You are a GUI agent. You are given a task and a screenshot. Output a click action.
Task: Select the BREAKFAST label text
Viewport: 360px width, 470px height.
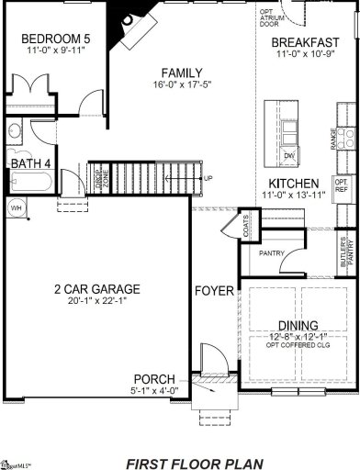[x=306, y=42]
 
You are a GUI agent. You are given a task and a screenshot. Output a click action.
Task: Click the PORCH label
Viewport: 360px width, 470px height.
[x=153, y=378]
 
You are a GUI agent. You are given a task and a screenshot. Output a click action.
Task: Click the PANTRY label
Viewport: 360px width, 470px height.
[x=270, y=253]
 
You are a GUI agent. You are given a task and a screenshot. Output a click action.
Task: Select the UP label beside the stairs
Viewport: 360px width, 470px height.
[x=208, y=178]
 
